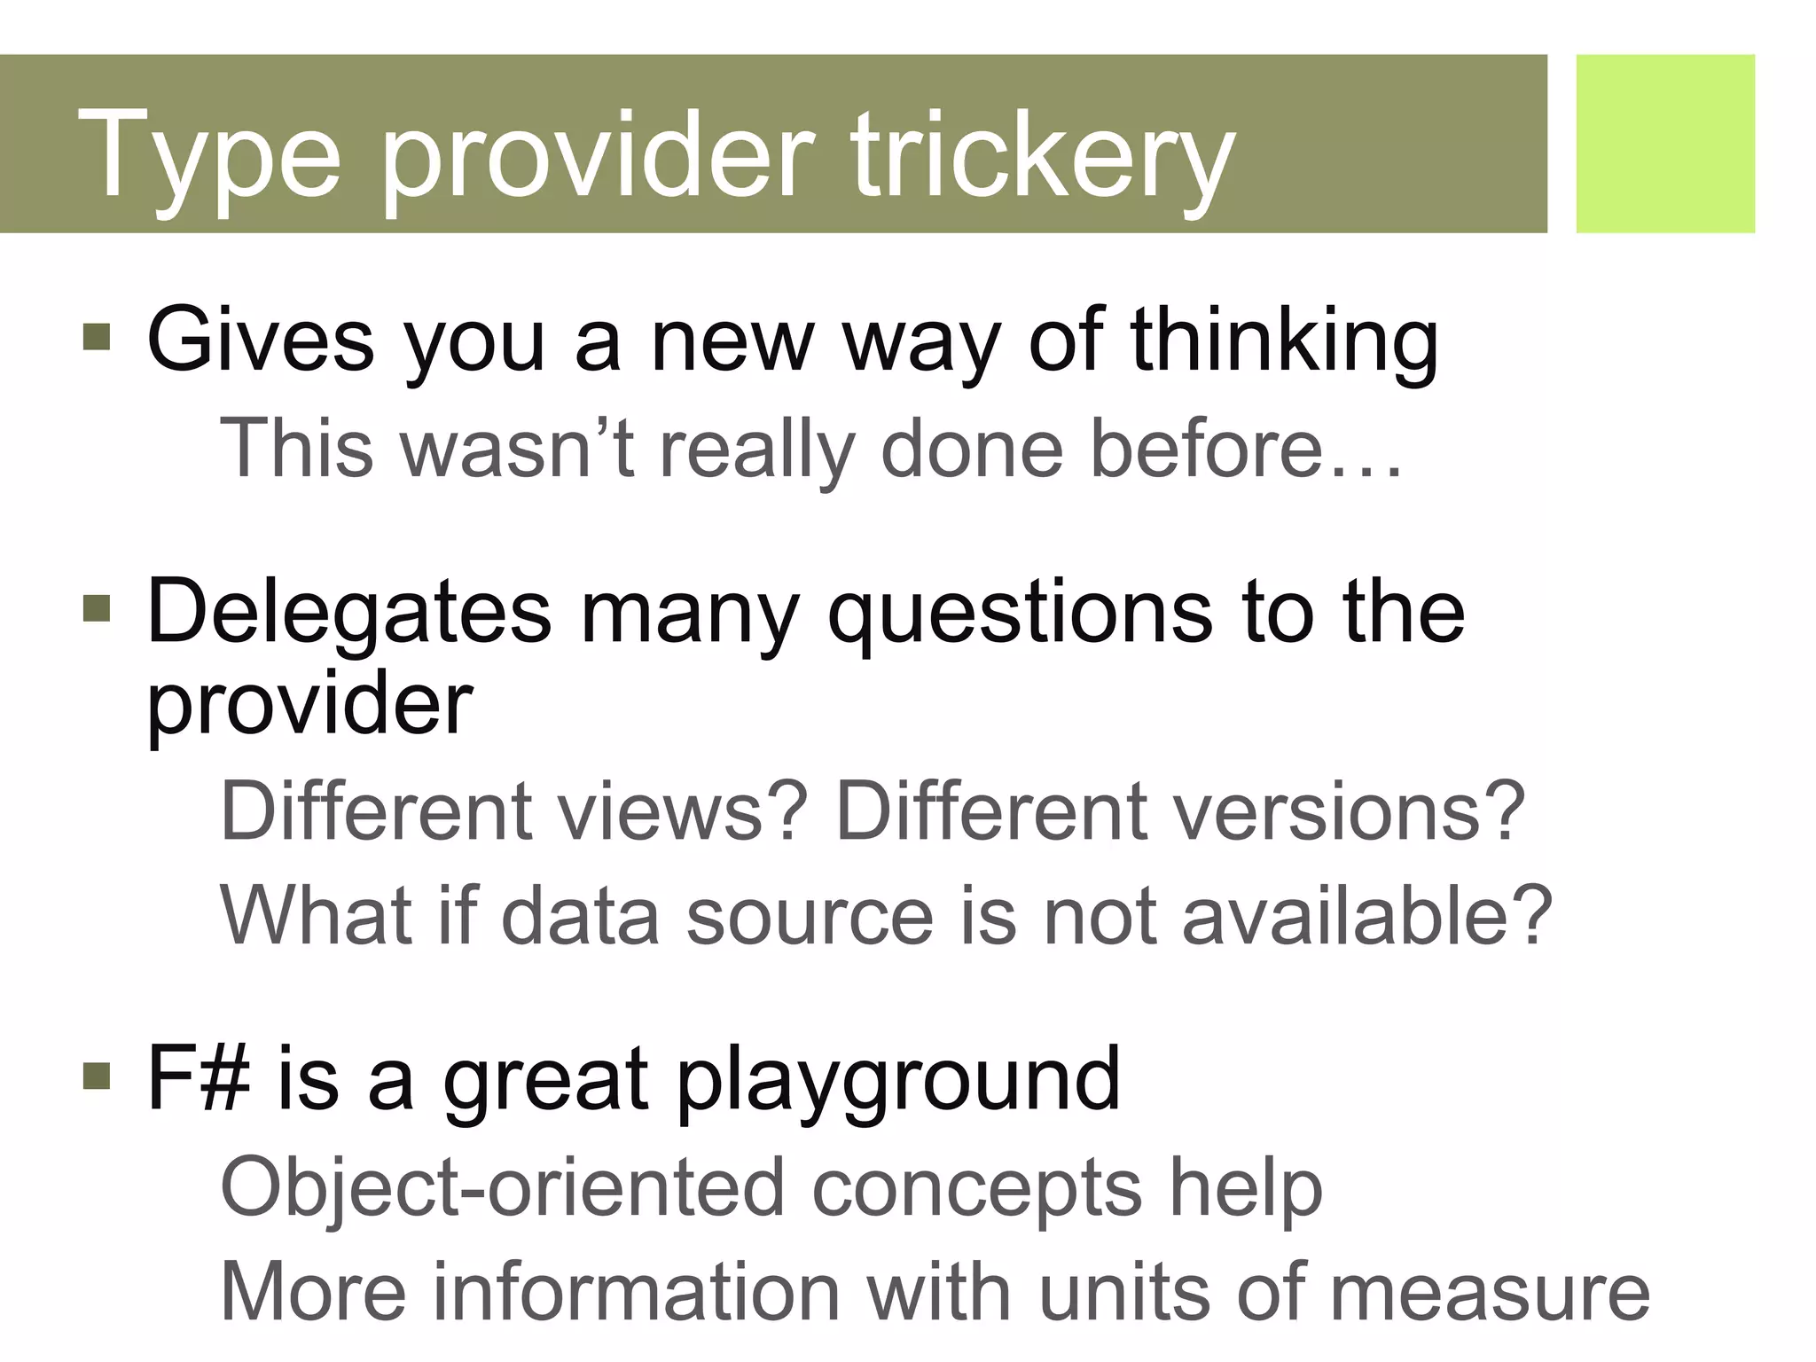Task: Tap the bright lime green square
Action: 1664,144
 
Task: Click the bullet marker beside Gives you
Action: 96,337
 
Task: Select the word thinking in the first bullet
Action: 1284,341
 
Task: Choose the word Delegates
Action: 348,612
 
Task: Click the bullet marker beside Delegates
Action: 96,608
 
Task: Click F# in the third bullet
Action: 198,1078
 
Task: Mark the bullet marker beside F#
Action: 96,1076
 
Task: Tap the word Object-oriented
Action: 502,1188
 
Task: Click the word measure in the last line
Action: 1490,1293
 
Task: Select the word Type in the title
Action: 210,158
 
